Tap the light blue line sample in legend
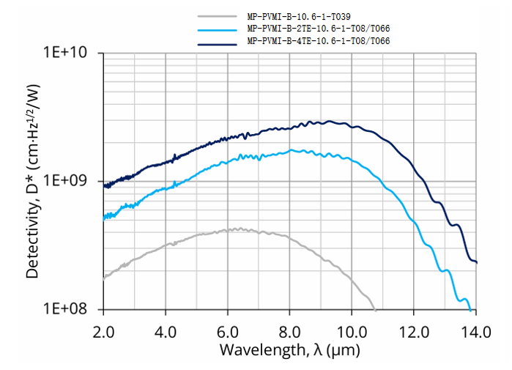[x=219, y=29]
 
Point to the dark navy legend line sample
[x=219, y=42]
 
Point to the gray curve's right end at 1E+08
[x=374, y=308]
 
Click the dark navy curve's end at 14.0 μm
[x=477, y=262]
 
